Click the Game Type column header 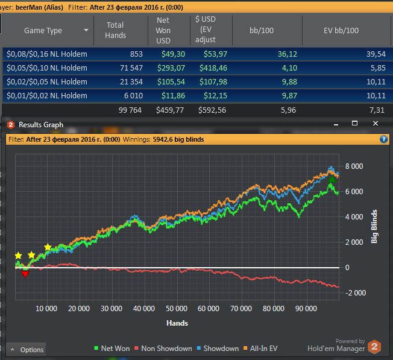[43, 30]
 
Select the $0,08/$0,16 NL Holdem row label [47, 54]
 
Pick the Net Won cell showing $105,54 [170, 82]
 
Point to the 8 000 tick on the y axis [354, 166]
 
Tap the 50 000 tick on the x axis [176, 309]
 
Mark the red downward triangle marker [25, 274]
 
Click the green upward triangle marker [331, 178]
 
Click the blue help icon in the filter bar [383, 139]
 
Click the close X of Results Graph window [376, 124]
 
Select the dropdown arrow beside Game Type [87, 30]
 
